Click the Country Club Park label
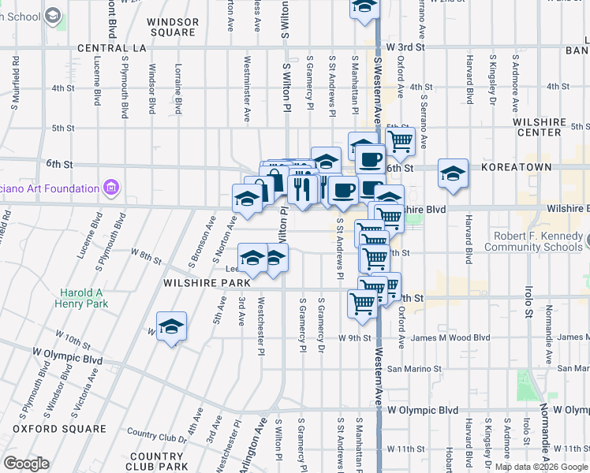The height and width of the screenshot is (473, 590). pyautogui.click(x=156, y=462)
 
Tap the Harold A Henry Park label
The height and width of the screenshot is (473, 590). pyautogui.click(x=82, y=298)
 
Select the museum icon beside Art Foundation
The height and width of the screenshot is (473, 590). pyautogui.click(x=110, y=188)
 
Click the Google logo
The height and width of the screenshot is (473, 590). pyautogui.click(x=26, y=464)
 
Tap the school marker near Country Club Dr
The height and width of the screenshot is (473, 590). pyautogui.click(x=170, y=327)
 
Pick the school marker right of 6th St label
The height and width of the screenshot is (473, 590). pyautogui.click(x=453, y=174)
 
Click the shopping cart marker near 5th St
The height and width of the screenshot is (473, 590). pyautogui.click(x=401, y=140)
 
